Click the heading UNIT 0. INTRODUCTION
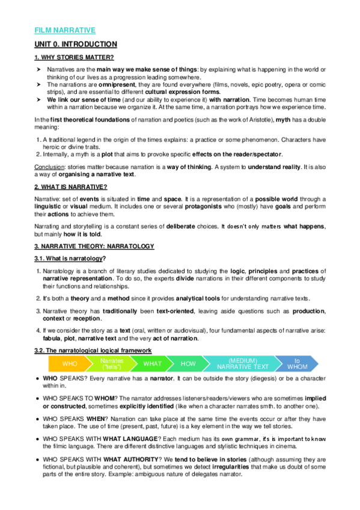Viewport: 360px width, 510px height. [76, 45]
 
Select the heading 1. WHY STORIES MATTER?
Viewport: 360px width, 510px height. [73, 57]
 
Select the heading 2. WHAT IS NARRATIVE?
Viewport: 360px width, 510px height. [70, 187]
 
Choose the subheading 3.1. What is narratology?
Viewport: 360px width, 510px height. [70, 259]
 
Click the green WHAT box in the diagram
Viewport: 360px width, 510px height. [153, 364]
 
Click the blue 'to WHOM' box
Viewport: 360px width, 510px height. [297, 364]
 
